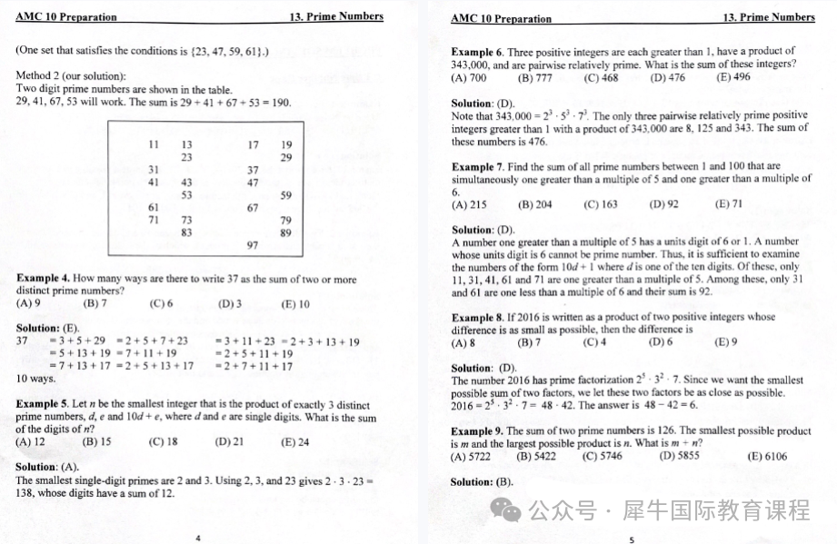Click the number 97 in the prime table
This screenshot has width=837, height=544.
coord(253,245)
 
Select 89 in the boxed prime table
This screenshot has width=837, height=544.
coord(285,232)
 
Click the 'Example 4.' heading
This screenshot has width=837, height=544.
coord(43,279)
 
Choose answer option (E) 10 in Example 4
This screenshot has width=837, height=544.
coord(295,304)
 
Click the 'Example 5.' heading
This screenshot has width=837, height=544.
coord(43,404)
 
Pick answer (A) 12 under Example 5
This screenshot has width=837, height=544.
coord(30,442)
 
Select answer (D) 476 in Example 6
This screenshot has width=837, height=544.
coord(668,78)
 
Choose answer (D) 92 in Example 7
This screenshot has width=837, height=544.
coord(663,204)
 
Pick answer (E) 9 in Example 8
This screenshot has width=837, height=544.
coord(726,342)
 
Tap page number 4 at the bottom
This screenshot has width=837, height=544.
coord(198,538)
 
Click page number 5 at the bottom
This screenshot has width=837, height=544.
coord(632,539)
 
